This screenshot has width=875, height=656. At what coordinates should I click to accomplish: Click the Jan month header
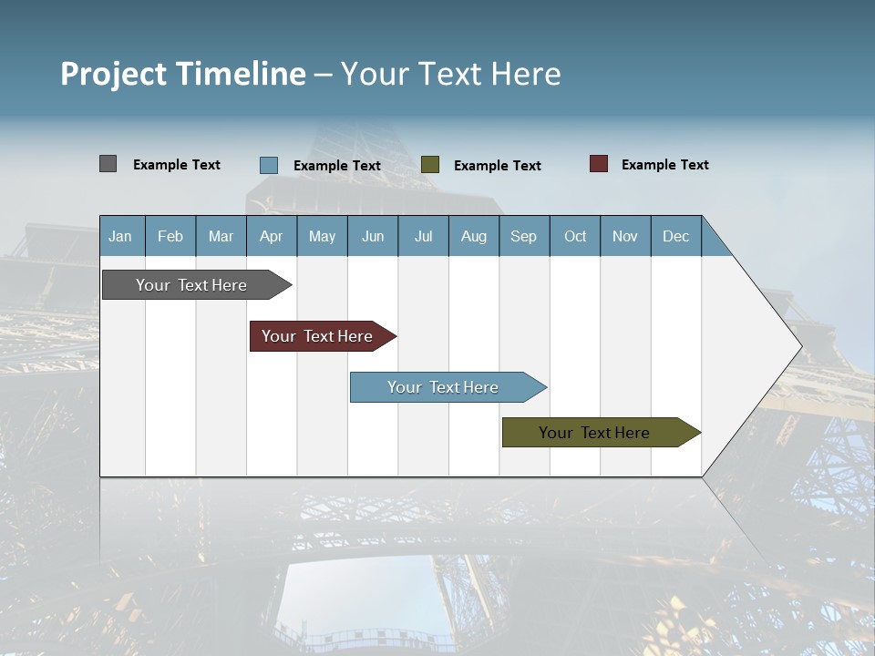pyautogui.click(x=120, y=236)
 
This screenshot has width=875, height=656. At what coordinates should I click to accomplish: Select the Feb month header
pyautogui.click(x=170, y=236)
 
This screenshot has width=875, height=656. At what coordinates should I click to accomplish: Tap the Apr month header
pyautogui.click(x=271, y=236)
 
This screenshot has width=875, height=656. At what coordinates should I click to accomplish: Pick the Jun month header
pyautogui.click(x=373, y=236)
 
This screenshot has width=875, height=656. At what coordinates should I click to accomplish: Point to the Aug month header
pyautogui.click(x=473, y=236)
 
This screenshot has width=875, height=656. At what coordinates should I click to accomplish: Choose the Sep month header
pyautogui.click(x=523, y=236)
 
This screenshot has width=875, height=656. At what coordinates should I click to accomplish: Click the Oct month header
pyautogui.click(x=575, y=236)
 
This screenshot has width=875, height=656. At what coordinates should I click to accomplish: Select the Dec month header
pyautogui.click(x=675, y=236)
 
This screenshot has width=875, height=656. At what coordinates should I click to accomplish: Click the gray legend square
pyautogui.click(x=108, y=164)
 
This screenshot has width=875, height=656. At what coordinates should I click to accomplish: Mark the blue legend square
pyautogui.click(x=268, y=165)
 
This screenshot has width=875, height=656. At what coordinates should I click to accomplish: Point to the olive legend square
pyautogui.click(x=430, y=165)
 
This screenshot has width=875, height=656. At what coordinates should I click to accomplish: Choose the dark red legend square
pyautogui.click(x=598, y=164)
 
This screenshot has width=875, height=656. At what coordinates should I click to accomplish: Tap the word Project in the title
pyautogui.click(x=113, y=74)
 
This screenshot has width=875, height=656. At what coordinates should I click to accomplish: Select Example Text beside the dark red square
pyautogui.click(x=664, y=165)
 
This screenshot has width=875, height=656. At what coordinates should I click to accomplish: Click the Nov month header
pyautogui.click(x=625, y=236)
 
